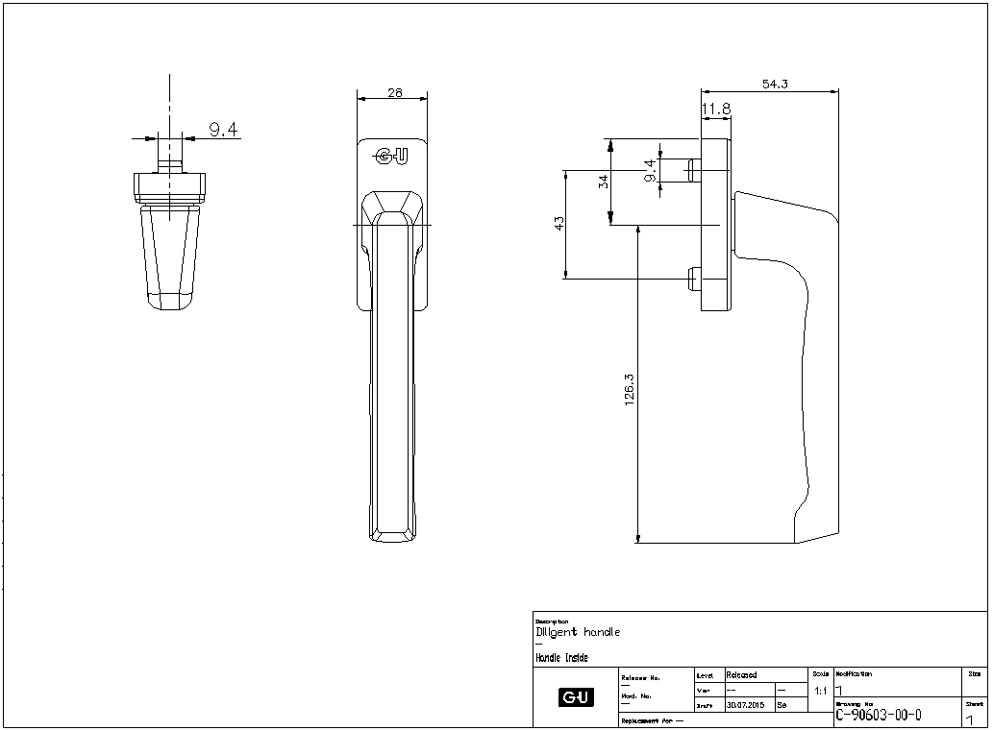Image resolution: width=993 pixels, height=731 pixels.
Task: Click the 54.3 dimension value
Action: (775, 85)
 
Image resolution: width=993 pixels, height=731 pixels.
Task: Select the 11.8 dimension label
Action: (716, 110)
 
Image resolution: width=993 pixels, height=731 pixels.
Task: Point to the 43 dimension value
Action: (559, 223)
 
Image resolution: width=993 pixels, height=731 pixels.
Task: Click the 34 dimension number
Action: (604, 181)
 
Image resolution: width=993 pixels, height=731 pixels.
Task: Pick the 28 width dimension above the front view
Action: (394, 92)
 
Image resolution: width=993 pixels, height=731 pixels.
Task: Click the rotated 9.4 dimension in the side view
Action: (651, 170)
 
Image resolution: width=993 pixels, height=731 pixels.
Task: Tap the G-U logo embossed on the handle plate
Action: (391, 156)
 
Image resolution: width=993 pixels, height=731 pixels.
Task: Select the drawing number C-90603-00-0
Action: (879, 714)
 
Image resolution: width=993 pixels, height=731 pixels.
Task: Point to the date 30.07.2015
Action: (744, 705)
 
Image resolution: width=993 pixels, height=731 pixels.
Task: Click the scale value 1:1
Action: (820, 691)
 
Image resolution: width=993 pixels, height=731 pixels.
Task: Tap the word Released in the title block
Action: (741, 675)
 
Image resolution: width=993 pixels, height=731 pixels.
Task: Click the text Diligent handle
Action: (578, 632)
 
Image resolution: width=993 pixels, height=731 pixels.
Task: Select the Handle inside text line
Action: (561, 658)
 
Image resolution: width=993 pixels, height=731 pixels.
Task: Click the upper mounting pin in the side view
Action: (693, 170)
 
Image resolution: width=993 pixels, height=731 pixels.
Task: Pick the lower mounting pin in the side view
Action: (692, 280)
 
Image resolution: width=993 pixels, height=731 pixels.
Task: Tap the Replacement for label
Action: (653, 719)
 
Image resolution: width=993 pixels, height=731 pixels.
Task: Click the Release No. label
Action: (641, 677)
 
